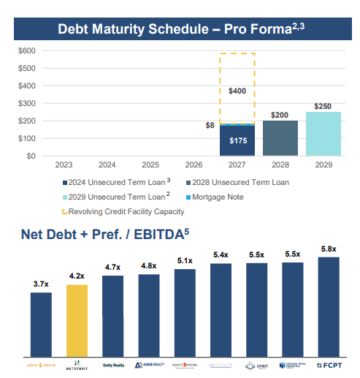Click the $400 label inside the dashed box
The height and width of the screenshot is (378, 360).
pos(237,91)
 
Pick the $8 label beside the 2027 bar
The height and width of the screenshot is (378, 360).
pos(210,126)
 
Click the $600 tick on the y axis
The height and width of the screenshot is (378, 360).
pos(26,50)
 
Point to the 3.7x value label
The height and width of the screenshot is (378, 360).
pos(41,284)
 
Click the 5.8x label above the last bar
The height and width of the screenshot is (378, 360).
pos(329,249)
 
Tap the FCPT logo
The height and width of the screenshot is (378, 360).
pos(329,365)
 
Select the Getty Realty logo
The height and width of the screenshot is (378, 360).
pos(112,365)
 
